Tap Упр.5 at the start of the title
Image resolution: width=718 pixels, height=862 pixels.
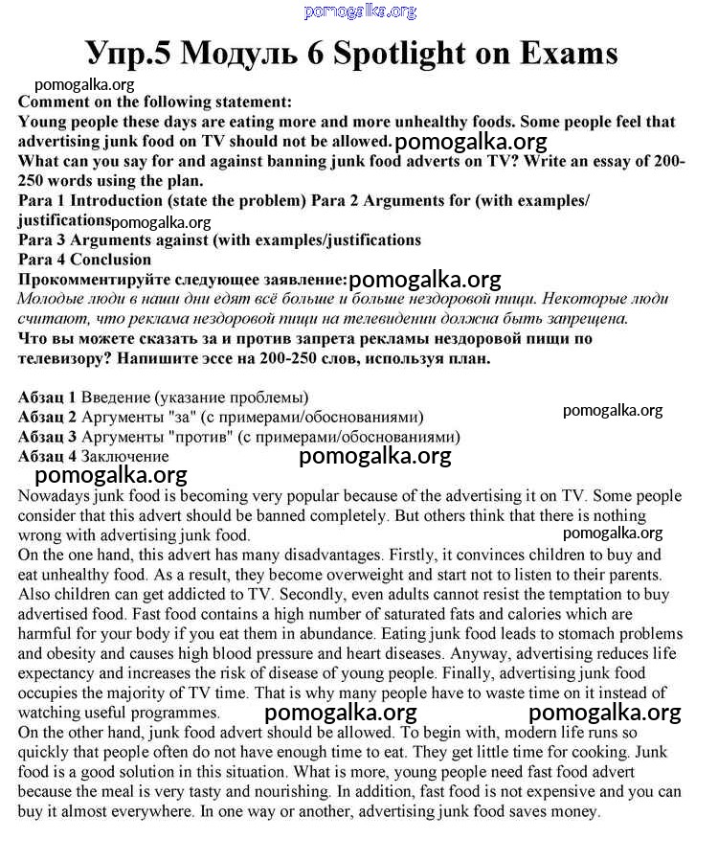pos(128,54)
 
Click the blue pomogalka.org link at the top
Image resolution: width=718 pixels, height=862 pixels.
pos(360,11)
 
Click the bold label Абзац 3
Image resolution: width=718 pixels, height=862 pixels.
pos(47,436)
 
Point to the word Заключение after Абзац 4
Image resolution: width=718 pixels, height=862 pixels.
pos(124,456)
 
